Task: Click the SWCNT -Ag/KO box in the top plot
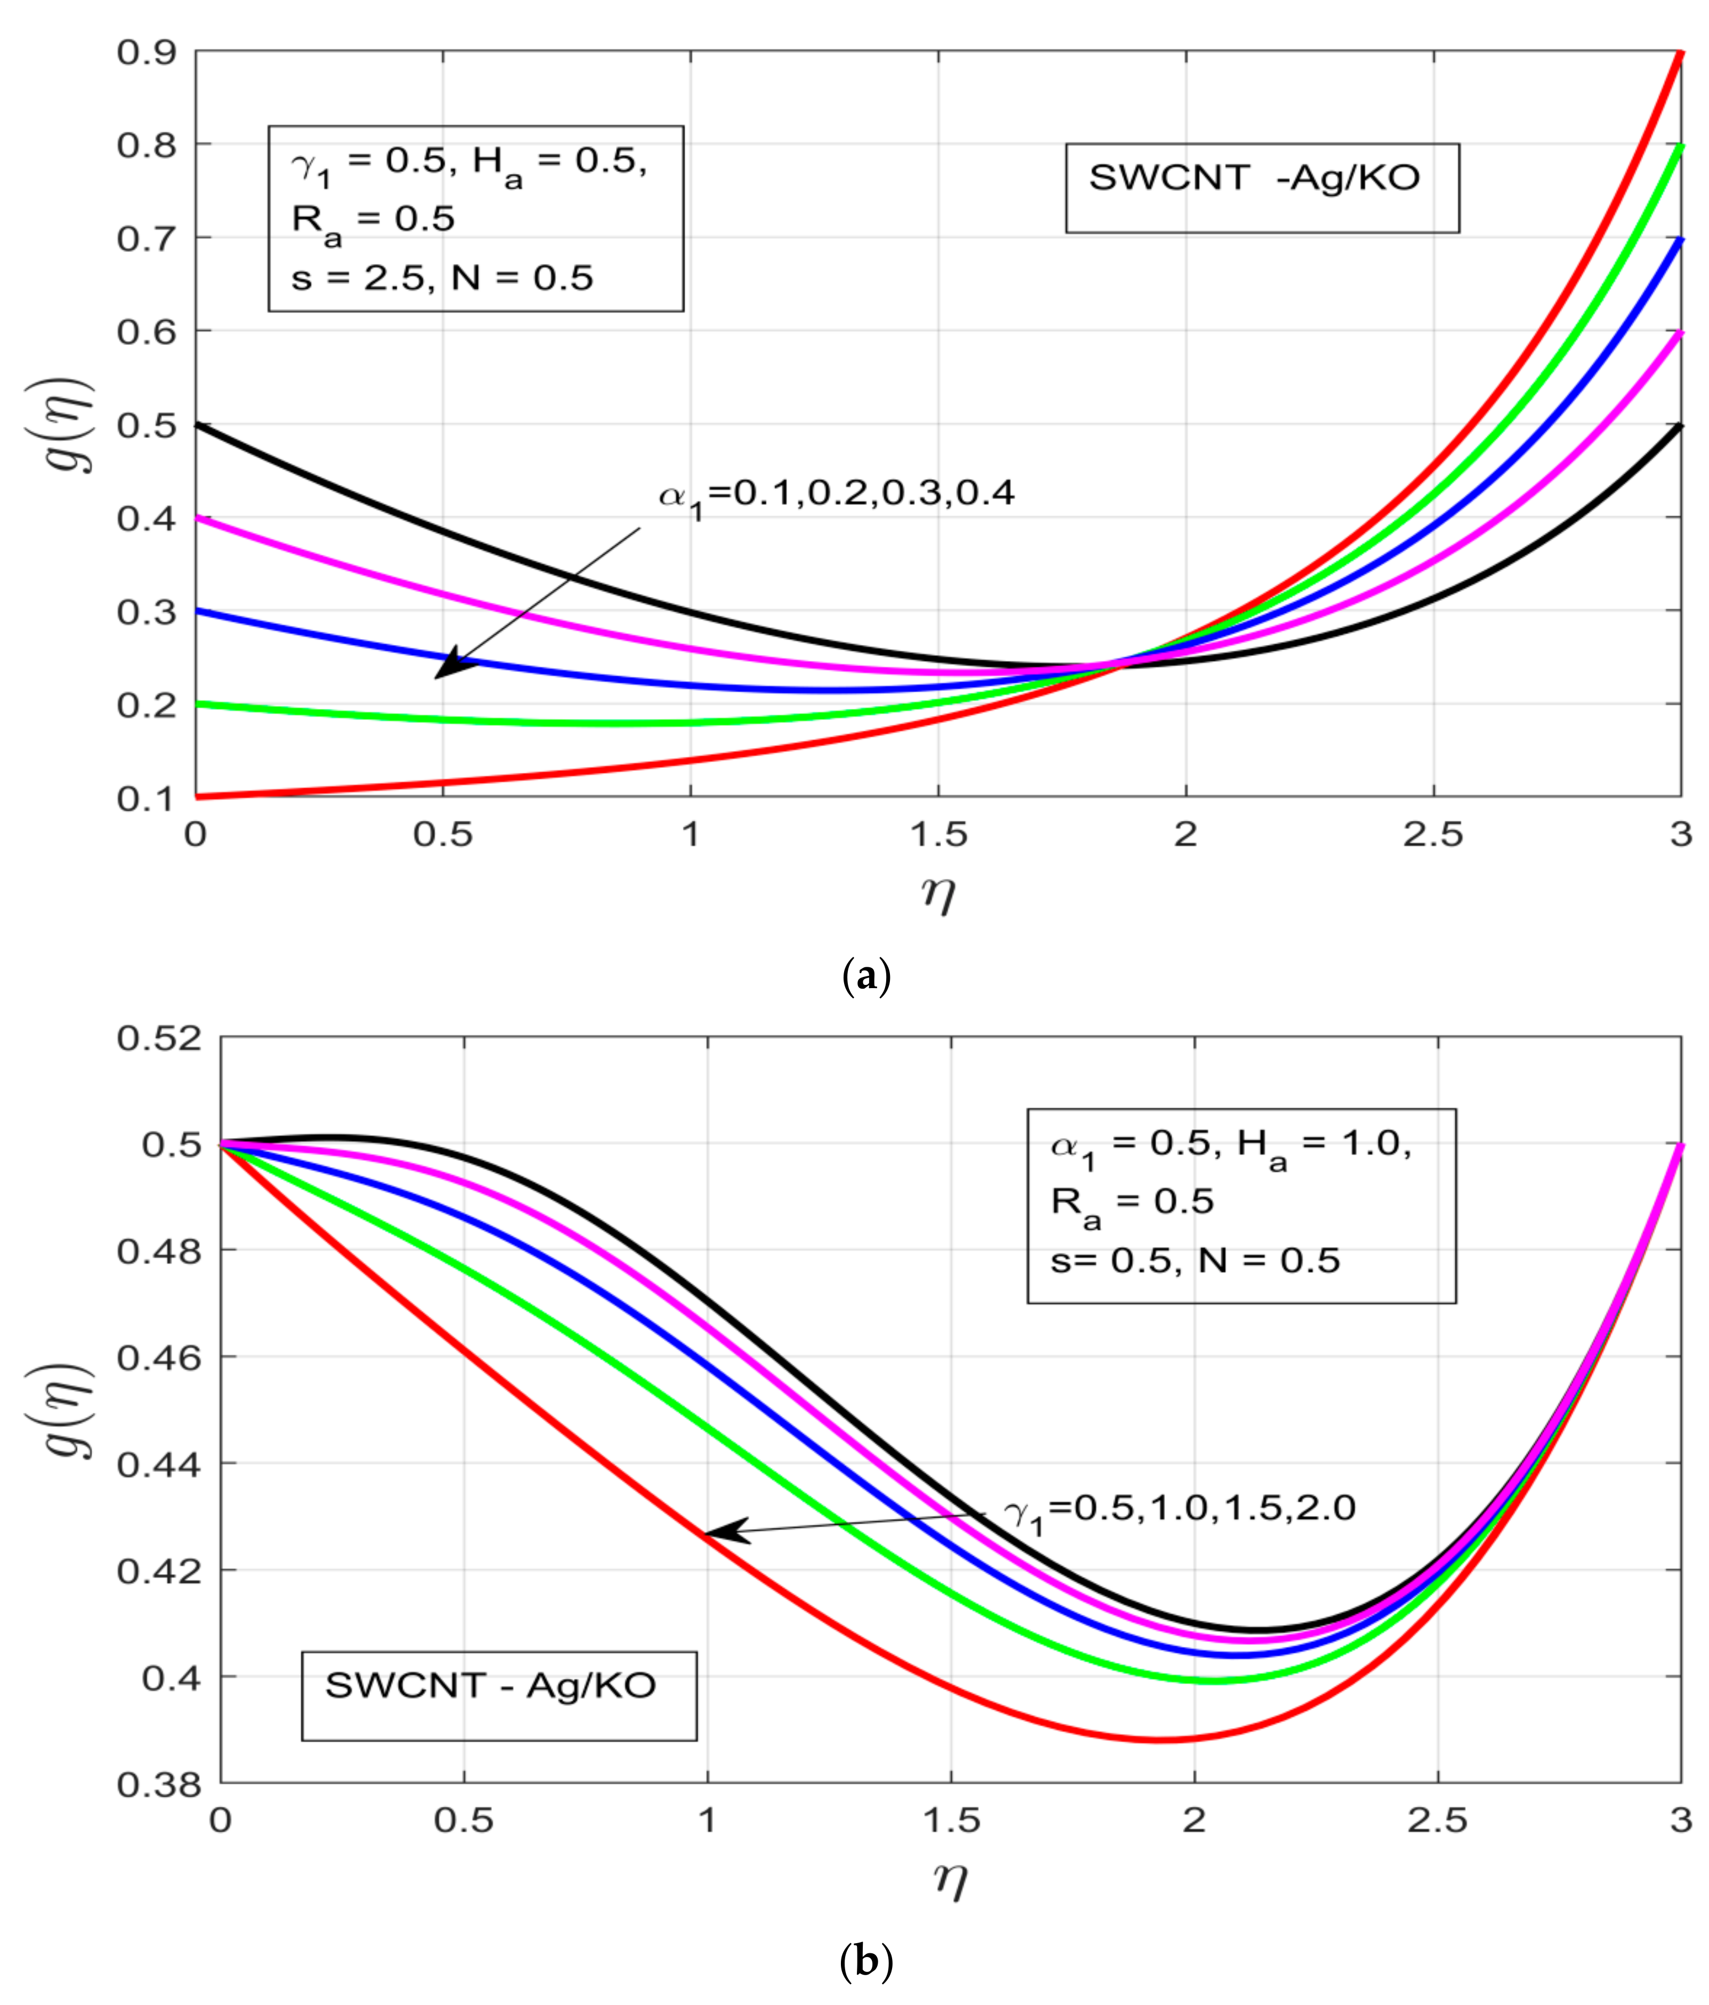pos(1262,189)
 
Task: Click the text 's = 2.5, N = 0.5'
pos(442,279)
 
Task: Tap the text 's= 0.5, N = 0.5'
pos(1195,1260)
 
